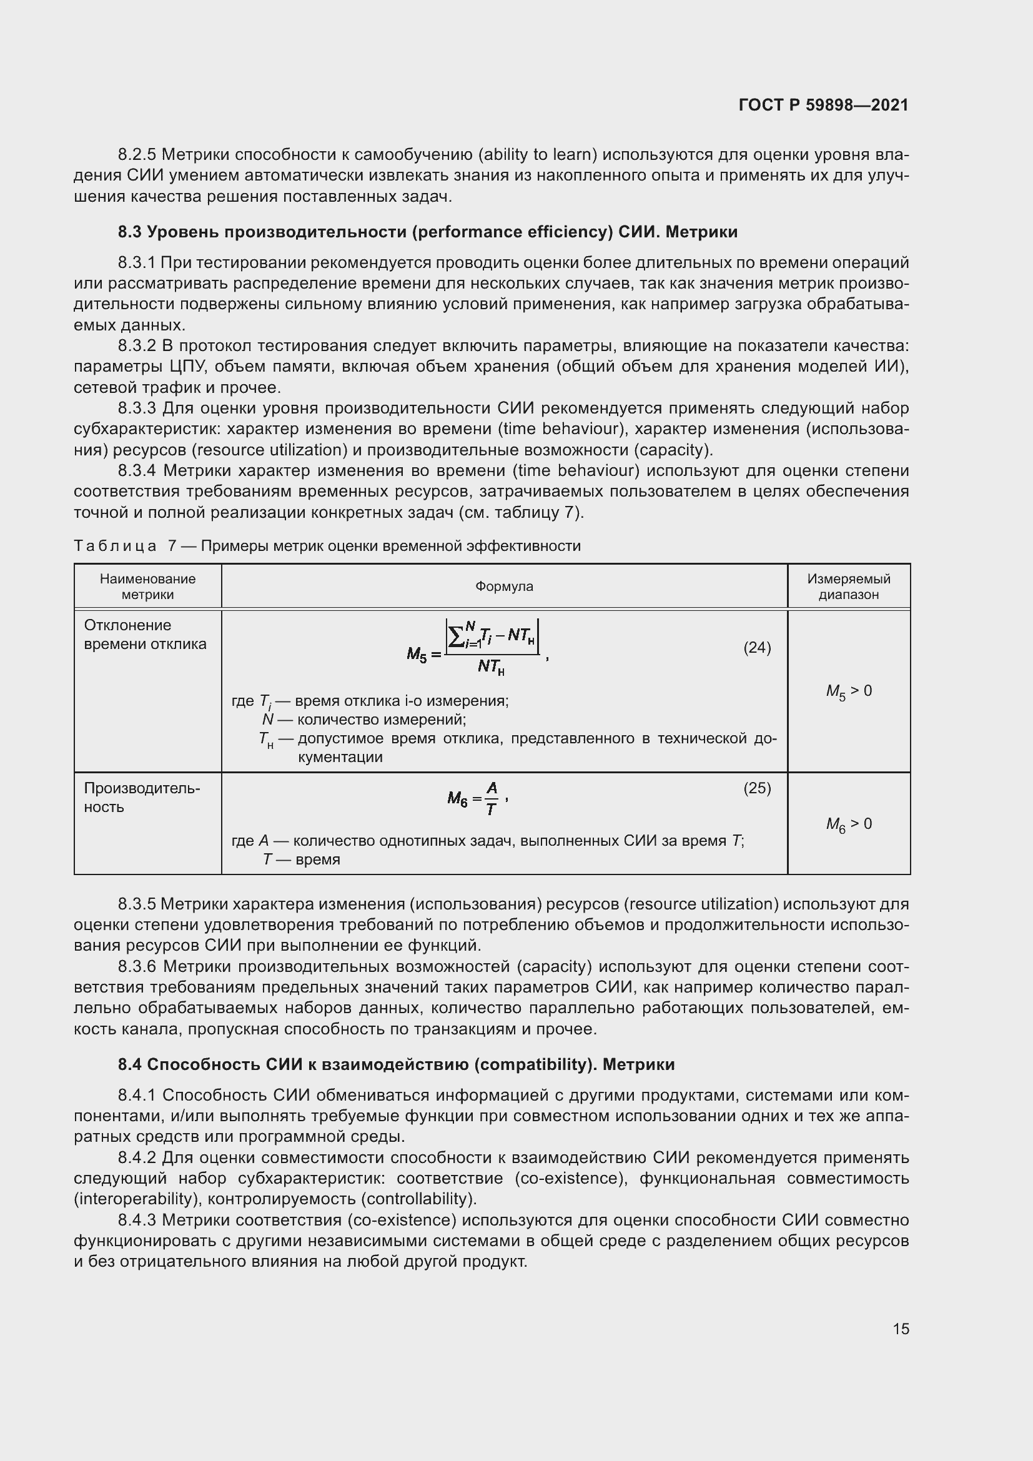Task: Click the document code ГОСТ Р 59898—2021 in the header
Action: click(823, 105)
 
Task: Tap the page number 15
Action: click(901, 1329)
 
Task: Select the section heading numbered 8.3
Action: click(427, 232)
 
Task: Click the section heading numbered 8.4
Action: click(395, 1064)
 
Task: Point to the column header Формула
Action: click(504, 586)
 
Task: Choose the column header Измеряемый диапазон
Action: click(849, 586)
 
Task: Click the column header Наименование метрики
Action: click(147, 586)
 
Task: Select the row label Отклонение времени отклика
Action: click(145, 635)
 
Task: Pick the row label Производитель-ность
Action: click(141, 797)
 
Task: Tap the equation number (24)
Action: click(757, 647)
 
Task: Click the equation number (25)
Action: click(757, 788)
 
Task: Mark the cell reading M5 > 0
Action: click(849, 691)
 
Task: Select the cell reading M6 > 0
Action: click(849, 824)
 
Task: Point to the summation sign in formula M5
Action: click(455, 635)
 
